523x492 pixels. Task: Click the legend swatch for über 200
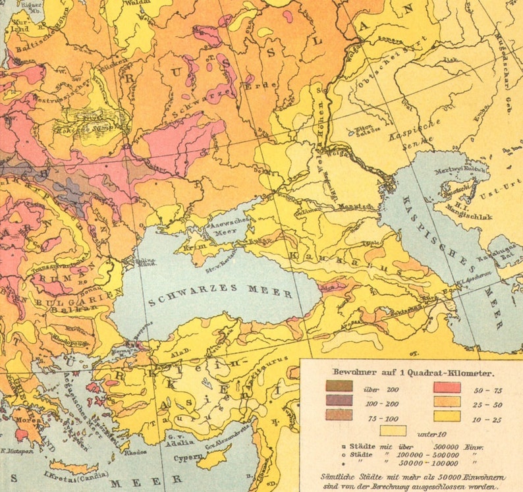[x=339, y=387]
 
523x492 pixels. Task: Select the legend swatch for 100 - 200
[x=339, y=400]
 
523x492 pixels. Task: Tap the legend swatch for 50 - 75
[x=446, y=387]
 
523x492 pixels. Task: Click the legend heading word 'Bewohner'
[x=352, y=371]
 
